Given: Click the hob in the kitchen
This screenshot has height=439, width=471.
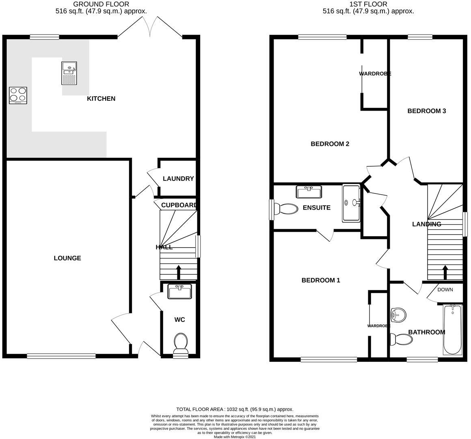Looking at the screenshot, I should (x=18, y=96).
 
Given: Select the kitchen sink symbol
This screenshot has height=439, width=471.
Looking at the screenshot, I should (x=69, y=73).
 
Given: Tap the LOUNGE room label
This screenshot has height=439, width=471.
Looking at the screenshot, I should (x=67, y=258).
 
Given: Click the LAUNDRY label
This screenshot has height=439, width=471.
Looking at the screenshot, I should (x=178, y=179).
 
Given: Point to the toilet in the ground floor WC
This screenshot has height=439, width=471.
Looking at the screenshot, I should (x=180, y=343).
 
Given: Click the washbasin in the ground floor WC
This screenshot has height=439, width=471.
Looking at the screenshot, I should (x=179, y=292).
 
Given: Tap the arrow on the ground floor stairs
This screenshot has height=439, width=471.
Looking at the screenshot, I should (x=178, y=272).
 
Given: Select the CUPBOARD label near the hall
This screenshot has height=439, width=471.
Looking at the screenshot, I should (x=179, y=205).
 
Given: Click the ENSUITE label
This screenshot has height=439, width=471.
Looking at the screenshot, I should (x=317, y=208).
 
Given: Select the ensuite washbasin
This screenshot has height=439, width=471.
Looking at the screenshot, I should (x=309, y=192).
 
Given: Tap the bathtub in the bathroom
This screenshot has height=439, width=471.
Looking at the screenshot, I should (x=452, y=330).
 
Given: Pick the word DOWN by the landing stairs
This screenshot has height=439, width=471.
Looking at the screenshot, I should (x=445, y=290).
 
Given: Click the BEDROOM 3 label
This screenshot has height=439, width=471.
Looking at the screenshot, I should (x=427, y=111).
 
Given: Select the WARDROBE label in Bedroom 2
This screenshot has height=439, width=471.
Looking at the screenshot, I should (x=375, y=74).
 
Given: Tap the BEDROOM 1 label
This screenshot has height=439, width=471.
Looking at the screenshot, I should (x=321, y=280).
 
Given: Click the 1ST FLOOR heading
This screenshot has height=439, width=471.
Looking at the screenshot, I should (x=368, y=4).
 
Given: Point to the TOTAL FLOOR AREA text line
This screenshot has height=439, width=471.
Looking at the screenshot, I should (x=235, y=409).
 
